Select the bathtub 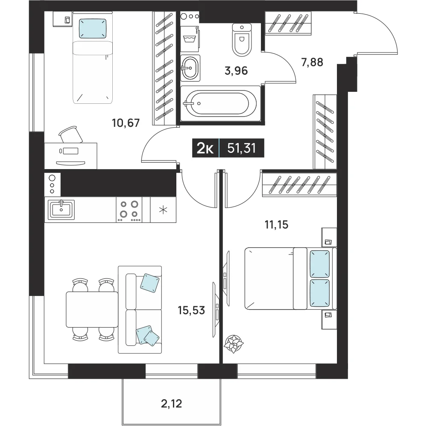click(x=220, y=103)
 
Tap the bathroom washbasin click(x=190, y=68)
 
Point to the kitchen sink click(x=61, y=210)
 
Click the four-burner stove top click(x=129, y=210)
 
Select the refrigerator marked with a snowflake click(x=163, y=210)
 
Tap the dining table click(x=92, y=309)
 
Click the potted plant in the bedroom click(x=234, y=344)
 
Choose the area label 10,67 click(x=126, y=123)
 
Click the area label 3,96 click(x=236, y=71)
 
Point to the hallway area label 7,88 click(x=312, y=62)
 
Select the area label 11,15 click(x=276, y=225)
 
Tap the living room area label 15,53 click(x=191, y=310)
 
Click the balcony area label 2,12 click(x=171, y=404)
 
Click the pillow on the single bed click(x=93, y=28)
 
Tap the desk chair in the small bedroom click(x=71, y=134)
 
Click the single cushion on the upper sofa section click(x=149, y=283)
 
